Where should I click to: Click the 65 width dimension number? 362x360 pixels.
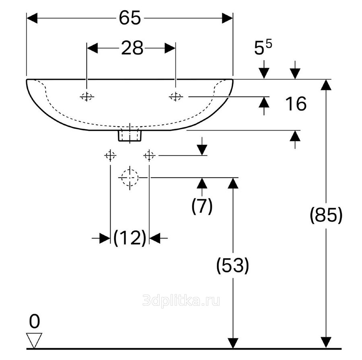tap(130, 18)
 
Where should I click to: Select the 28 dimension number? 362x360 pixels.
tap(132, 48)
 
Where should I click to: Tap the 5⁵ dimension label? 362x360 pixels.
tap(263, 47)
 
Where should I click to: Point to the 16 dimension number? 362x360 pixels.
tap(296, 104)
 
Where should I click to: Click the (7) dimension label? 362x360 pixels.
tap(202, 206)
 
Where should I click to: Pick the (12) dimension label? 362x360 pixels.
tap(130, 238)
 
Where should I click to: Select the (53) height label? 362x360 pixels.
tap(233, 266)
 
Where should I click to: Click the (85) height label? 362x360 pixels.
tap(326, 215)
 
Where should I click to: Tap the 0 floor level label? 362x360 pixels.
tap(35, 321)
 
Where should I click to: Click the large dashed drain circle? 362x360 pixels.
tap(130, 178)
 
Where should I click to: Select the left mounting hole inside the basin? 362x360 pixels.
tap(86, 97)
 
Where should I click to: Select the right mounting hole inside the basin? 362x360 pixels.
tap(176, 97)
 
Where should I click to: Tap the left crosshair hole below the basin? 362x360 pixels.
tap(110, 155)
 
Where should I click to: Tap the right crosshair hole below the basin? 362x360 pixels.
tap(149, 155)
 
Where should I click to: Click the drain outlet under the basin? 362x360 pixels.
tap(130, 136)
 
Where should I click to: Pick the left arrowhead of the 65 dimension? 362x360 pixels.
tap(32, 18)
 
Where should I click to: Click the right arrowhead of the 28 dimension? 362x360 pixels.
tap(170, 49)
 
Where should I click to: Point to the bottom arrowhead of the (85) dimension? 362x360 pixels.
tap(326, 342)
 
